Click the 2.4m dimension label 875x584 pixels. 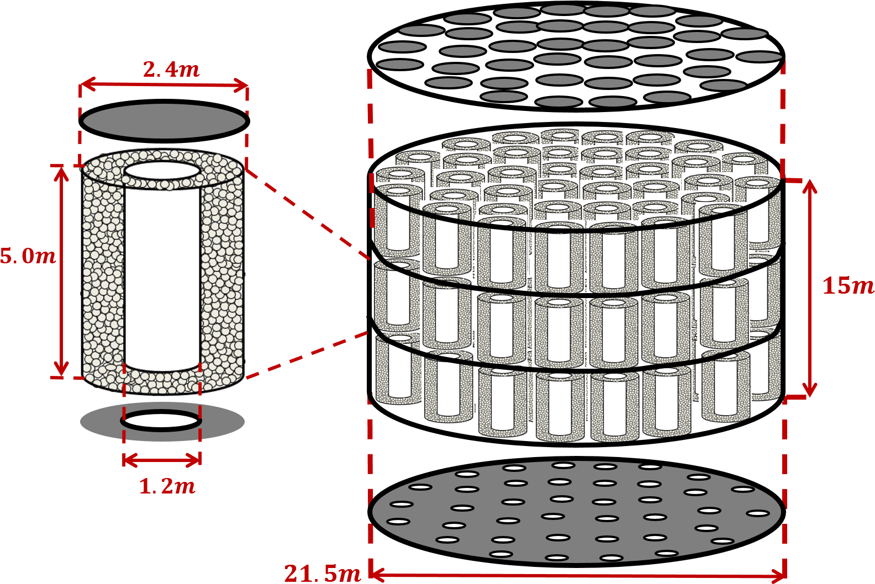[x=171, y=70]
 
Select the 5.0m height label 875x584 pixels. [x=28, y=257]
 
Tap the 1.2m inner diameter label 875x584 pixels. [x=167, y=486]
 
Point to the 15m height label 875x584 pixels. [x=847, y=286]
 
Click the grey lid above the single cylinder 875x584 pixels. [x=164, y=121]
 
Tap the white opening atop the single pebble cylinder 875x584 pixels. [x=162, y=171]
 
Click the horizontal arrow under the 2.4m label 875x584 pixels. [x=164, y=84]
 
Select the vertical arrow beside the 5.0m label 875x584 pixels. [x=61, y=272]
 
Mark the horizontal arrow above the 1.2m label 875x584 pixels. [x=162, y=460]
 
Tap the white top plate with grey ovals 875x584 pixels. [x=576, y=55]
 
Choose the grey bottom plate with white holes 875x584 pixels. [x=577, y=511]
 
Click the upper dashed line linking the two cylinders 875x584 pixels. [x=308, y=214]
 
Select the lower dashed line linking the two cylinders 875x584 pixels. [x=307, y=355]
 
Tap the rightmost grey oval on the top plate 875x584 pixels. [x=760, y=57]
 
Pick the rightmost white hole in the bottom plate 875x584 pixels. [x=758, y=513]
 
